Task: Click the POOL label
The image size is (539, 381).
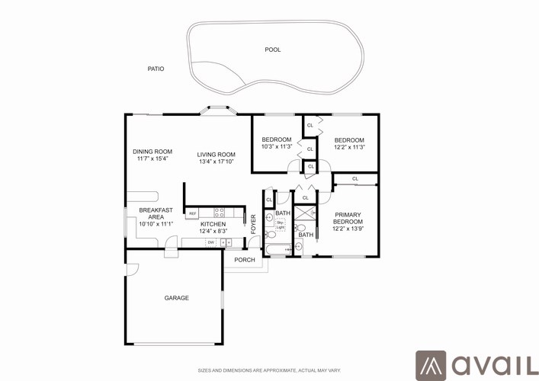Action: click(272, 50)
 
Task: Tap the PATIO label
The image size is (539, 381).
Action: click(156, 69)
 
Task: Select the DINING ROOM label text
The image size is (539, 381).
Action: click(152, 152)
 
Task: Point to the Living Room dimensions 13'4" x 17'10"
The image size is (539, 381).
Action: click(215, 162)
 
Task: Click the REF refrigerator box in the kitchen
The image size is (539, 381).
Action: click(193, 213)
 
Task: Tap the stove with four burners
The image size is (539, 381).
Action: click(218, 213)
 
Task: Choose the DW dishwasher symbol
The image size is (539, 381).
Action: click(211, 242)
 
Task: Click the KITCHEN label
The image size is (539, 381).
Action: click(213, 224)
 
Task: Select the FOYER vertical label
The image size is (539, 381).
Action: click(254, 223)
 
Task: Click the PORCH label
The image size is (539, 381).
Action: click(245, 260)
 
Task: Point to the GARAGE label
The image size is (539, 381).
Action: click(176, 298)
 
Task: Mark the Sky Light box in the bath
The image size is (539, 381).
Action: click(280, 225)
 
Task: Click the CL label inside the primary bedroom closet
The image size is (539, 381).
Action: click(355, 179)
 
